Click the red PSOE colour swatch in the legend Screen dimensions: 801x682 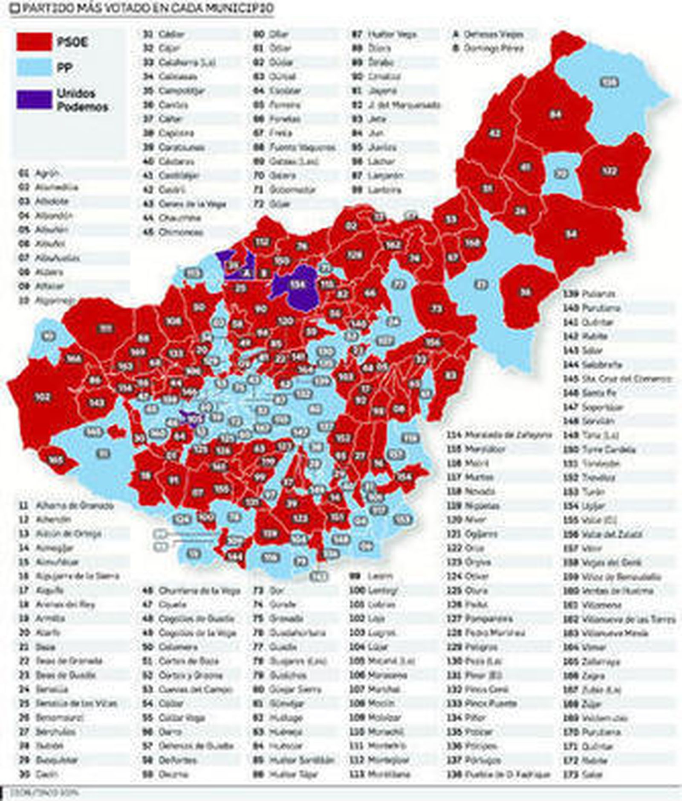click(x=35, y=42)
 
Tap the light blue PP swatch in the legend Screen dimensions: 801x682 click(x=35, y=67)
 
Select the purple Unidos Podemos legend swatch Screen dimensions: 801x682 click(x=35, y=99)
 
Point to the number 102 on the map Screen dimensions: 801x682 click(x=42, y=397)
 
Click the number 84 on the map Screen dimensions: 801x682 click(x=555, y=114)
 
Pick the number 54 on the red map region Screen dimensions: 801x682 click(x=571, y=234)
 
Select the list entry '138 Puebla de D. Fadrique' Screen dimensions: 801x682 click(x=499, y=774)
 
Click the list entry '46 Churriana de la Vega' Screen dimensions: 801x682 click(x=191, y=591)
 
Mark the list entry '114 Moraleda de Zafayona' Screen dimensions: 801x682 click(x=499, y=435)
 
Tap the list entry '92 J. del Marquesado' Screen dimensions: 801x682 click(x=396, y=105)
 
